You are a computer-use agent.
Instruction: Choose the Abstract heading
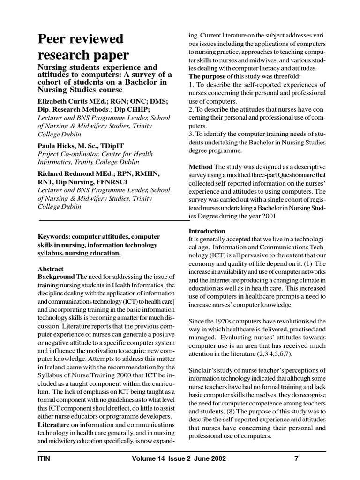coord(50,269)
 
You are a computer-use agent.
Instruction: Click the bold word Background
coord(56,277)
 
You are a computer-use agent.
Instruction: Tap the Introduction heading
coord(207,231)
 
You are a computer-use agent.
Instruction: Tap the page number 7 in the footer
coord(296,459)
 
